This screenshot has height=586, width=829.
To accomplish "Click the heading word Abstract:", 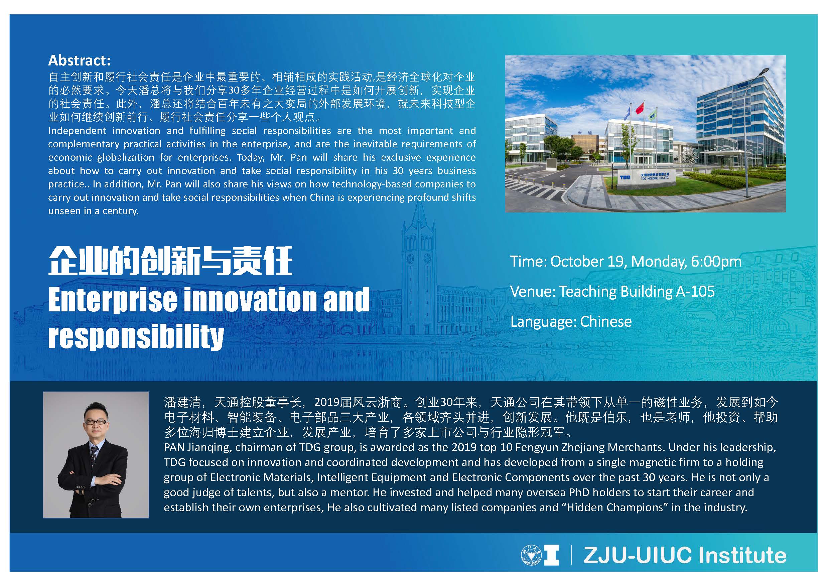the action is [80, 60].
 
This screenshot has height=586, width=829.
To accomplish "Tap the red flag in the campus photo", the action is [640, 107].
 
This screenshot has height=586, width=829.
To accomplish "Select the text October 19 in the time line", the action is [587, 261].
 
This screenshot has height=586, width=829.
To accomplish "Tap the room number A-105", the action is [695, 291].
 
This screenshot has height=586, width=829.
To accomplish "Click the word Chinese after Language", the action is [606, 321].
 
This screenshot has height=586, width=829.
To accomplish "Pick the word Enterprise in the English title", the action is [113, 300].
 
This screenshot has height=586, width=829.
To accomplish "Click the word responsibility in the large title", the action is [136, 336].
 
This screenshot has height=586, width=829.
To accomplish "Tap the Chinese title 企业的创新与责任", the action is [170, 261].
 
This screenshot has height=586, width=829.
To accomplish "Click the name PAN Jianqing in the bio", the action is [197, 447].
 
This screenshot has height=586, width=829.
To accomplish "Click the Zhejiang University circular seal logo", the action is [530, 555].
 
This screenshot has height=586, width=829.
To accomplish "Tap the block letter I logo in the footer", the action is [551, 555].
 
